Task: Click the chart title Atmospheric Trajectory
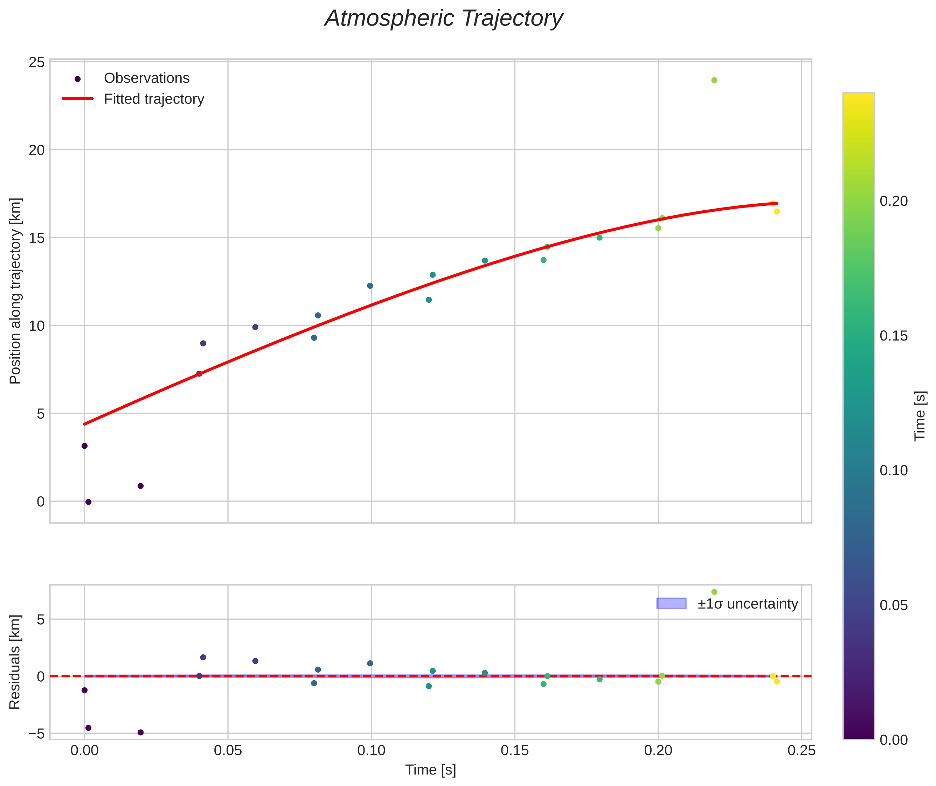tap(444, 19)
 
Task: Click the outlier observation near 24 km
tap(714, 80)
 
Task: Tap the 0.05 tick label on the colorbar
tap(893, 605)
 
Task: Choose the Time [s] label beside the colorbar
tap(920, 416)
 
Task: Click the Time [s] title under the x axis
tap(430, 770)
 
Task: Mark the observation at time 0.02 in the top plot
tap(140, 486)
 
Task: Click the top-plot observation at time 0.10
tap(370, 286)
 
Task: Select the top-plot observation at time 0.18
tap(599, 238)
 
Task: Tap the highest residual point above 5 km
tap(714, 592)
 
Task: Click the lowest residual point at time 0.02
tap(140, 732)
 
